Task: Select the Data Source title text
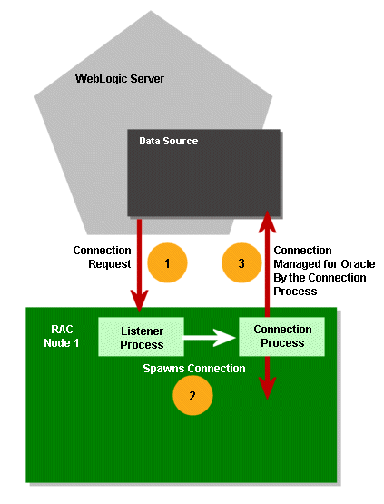(168, 141)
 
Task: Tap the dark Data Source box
(204, 177)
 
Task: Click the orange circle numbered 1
(167, 262)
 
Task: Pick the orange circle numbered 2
(192, 395)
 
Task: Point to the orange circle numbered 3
(241, 262)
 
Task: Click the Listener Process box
(142, 337)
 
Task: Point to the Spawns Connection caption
(194, 369)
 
